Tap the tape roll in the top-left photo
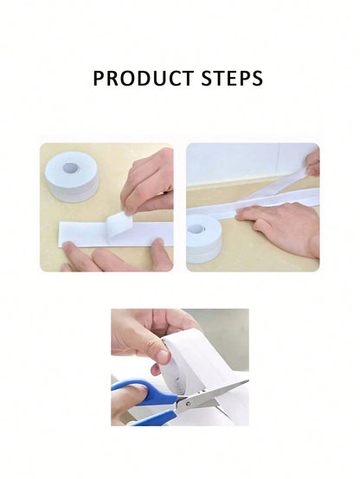tap(74, 176)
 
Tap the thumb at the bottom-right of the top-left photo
tap(160, 255)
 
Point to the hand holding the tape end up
tap(312, 161)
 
